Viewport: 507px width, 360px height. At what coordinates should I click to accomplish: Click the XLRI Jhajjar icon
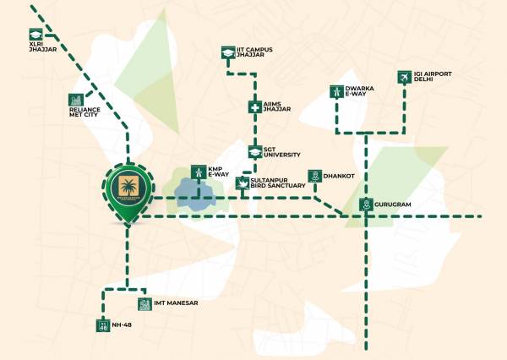point(35,35)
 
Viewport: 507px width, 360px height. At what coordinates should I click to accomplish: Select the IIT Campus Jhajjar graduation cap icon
point(226,52)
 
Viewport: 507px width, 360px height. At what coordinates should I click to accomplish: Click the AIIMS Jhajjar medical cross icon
point(254,107)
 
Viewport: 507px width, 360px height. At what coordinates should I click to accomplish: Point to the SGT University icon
point(254,151)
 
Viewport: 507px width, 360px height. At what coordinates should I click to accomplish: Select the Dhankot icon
point(313,175)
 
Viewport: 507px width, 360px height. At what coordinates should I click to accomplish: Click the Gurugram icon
point(366,204)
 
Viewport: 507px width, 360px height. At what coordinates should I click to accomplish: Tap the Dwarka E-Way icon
point(337,92)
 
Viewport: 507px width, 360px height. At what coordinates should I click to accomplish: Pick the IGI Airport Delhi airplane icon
point(404,78)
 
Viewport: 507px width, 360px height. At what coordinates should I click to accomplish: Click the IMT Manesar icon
point(144,303)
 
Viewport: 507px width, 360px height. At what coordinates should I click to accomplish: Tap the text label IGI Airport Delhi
point(433,78)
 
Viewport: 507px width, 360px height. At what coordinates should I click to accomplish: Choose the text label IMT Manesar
point(175,303)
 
